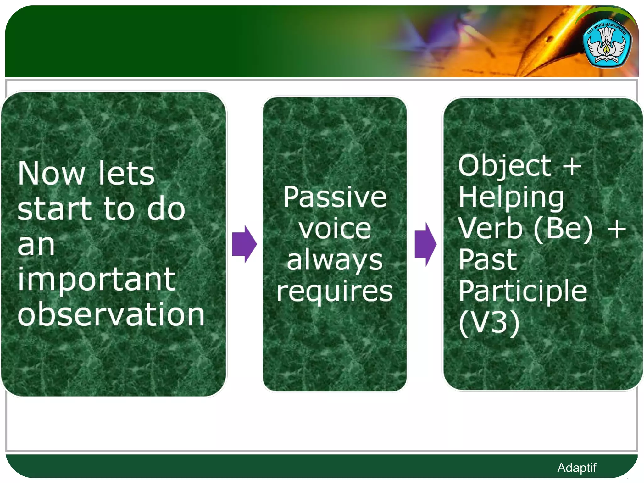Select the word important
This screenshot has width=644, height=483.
(x=96, y=279)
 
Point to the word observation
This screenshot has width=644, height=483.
(x=111, y=314)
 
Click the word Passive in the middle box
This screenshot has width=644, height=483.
(x=335, y=197)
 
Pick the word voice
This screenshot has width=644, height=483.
(x=335, y=229)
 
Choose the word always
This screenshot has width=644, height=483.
(x=335, y=261)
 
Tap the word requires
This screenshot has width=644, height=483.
(x=335, y=292)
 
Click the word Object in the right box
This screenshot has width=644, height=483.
(x=504, y=166)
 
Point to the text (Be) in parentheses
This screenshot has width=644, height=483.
(x=563, y=229)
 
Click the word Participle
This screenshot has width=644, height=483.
(x=523, y=291)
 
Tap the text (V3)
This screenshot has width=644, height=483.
(x=489, y=323)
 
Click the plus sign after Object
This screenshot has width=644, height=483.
(x=572, y=166)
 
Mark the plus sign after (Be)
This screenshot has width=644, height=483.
(x=616, y=229)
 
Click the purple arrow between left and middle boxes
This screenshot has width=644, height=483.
(x=244, y=244)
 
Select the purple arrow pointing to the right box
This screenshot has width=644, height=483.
(x=425, y=244)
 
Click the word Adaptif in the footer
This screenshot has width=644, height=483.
(x=576, y=468)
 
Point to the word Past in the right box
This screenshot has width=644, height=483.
(x=487, y=260)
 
